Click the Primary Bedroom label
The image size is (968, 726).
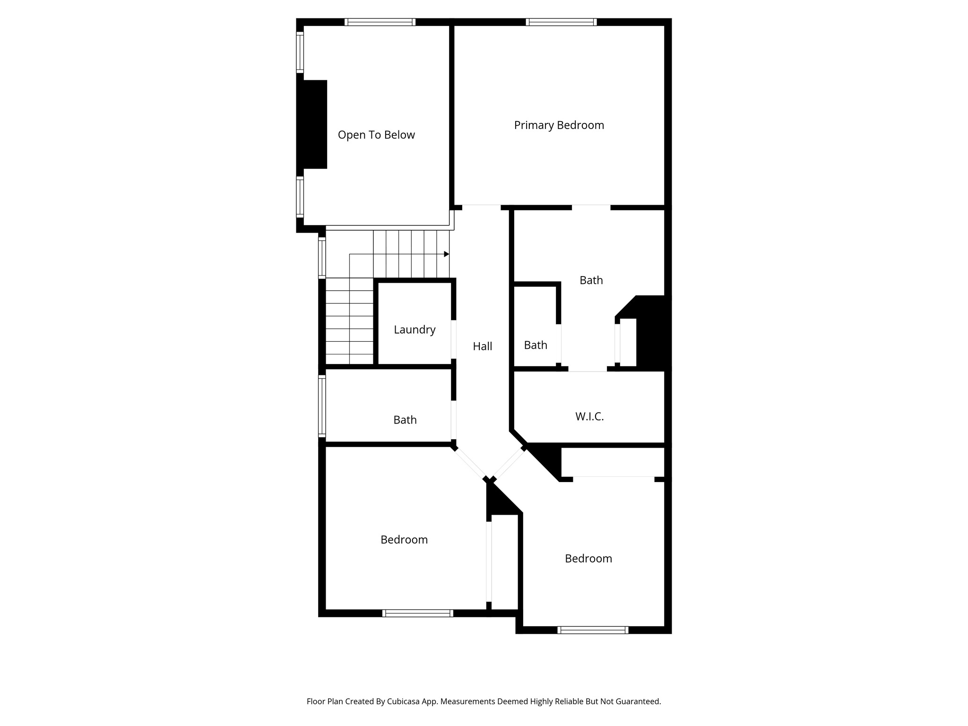[x=559, y=125]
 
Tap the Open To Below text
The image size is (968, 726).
[x=376, y=135]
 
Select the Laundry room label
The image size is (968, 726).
[x=415, y=329]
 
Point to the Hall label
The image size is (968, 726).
[x=482, y=346]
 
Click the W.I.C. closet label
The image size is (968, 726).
[x=589, y=416]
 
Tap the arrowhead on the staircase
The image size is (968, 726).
[x=446, y=254]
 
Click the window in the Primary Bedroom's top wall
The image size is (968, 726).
[x=561, y=22]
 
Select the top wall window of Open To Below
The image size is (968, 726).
[x=380, y=22]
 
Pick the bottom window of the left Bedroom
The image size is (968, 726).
[x=418, y=613]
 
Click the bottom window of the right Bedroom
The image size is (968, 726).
[x=593, y=630]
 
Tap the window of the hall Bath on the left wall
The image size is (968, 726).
[x=322, y=406]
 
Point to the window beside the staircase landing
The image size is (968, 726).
[x=322, y=258]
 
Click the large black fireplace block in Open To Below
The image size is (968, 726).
[x=313, y=124]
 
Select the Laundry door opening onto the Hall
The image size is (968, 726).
[x=453, y=339]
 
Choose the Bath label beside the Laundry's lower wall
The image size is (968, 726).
[x=405, y=420]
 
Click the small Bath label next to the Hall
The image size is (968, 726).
[x=536, y=345]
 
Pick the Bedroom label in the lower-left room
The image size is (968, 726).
[x=404, y=540]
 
